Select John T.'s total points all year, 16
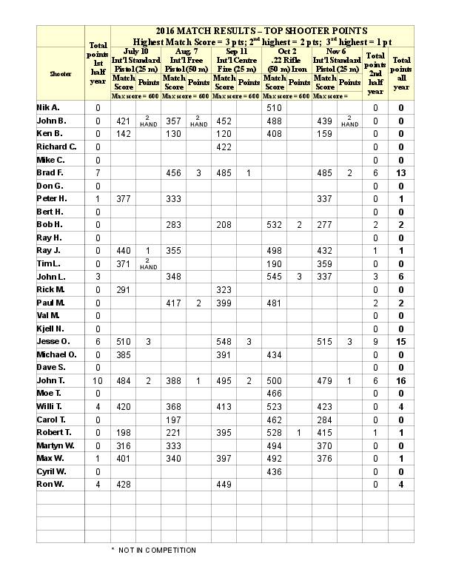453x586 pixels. tap(401, 380)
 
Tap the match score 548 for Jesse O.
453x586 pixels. tap(224, 341)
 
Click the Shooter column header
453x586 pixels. tap(61, 73)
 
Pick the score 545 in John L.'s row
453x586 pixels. tap(274, 276)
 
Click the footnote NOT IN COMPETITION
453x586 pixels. tap(153, 550)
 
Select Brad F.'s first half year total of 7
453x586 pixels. tap(98, 172)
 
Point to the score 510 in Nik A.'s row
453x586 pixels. tap(274, 108)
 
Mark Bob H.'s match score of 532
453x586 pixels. tap(274, 224)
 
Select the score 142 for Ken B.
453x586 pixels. tap(122, 134)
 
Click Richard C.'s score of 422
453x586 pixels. tap(224, 146)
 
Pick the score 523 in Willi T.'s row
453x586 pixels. tap(274, 406)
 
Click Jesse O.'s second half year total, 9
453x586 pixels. tap(375, 341)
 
